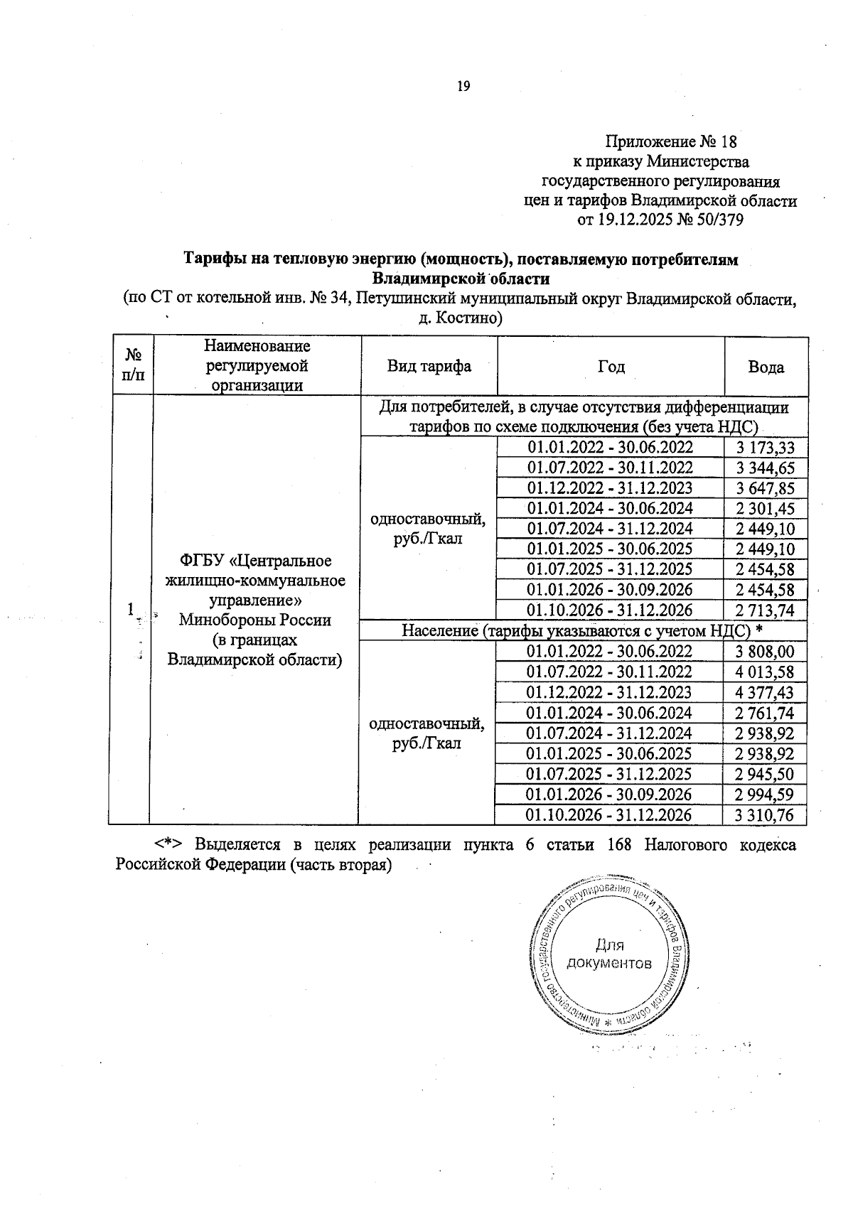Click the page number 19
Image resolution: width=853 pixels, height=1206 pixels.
click(463, 87)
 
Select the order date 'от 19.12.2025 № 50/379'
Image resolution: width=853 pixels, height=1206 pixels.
click(660, 220)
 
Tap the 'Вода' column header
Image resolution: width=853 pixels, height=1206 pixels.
click(766, 367)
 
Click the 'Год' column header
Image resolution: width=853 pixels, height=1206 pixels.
click(611, 367)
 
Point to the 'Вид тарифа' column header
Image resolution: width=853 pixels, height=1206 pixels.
click(429, 367)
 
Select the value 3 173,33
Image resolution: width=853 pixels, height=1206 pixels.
click(766, 448)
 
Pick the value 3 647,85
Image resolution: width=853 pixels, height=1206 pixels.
click(766, 488)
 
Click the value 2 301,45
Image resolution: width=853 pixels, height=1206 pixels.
click(766, 509)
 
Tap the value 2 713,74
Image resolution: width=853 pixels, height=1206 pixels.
click(766, 610)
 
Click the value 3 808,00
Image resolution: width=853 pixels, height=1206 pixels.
click(766, 652)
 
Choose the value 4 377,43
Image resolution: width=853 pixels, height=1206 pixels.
click(766, 693)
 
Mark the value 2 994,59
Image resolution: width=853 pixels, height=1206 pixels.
click(766, 795)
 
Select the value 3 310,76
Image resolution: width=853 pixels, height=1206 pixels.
click(766, 815)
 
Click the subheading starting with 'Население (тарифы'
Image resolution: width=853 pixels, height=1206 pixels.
click(583, 631)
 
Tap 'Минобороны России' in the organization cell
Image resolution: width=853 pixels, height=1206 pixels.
click(254, 620)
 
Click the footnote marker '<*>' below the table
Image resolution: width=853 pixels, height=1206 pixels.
click(169, 845)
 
